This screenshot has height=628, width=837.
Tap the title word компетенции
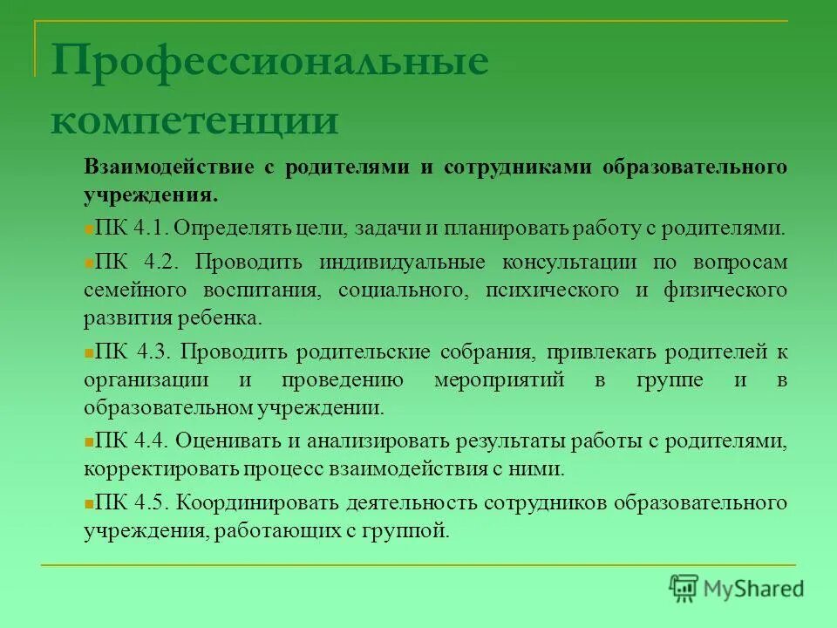click(194, 119)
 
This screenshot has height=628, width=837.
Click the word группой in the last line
click(412, 530)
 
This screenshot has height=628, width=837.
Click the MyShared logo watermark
click(736, 587)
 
